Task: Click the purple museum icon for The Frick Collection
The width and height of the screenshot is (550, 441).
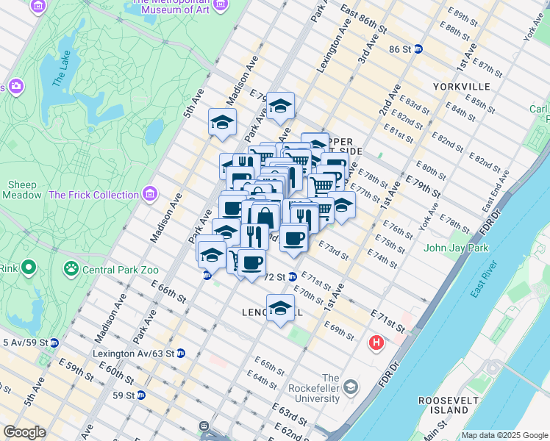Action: click(150, 195)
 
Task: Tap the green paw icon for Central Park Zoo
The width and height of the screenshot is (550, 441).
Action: click(72, 267)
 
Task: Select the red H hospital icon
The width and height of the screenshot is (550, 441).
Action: click(376, 343)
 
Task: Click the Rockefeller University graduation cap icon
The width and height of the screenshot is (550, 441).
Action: click(351, 387)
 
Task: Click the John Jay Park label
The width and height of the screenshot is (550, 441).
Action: click(456, 248)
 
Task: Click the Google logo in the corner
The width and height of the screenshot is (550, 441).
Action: click(24, 432)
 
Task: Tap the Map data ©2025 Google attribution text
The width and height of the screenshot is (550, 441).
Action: click(504, 435)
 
